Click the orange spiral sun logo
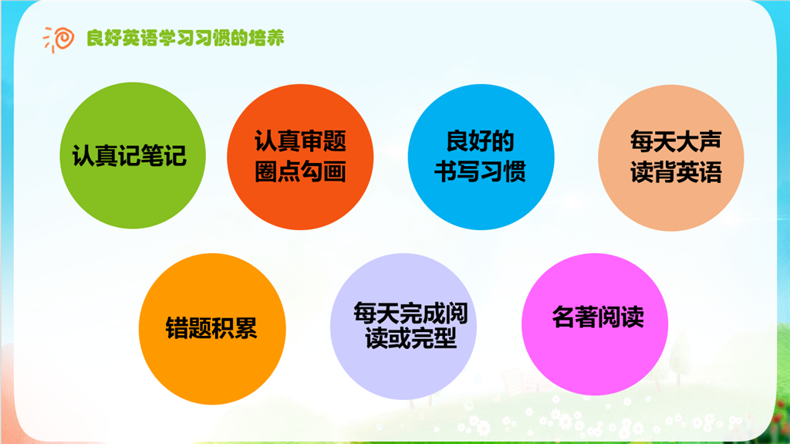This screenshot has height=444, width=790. (x=59, y=39)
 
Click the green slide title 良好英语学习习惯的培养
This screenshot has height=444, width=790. (x=185, y=38)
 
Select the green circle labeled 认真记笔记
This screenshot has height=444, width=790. (x=133, y=155)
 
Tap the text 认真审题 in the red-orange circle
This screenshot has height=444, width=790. (x=300, y=141)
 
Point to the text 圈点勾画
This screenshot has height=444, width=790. (x=300, y=171)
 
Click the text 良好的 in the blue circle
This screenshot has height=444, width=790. (x=480, y=141)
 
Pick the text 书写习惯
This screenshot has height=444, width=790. (x=480, y=171)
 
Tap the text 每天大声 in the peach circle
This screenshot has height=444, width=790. (x=676, y=141)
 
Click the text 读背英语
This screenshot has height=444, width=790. (x=676, y=172)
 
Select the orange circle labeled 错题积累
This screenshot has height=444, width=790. (x=212, y=329)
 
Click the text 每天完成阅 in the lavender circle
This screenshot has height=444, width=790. (x=410, y=313)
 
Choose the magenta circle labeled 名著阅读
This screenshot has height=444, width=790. (x=595, y=324)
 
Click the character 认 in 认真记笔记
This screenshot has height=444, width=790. (x=83, y=155)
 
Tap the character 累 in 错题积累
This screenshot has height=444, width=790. (x=246, y=328)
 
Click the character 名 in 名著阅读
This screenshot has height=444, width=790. (x=563, y=317)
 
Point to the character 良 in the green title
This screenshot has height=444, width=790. (x=95, y=38)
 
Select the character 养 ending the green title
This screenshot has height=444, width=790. (x=275, y=38)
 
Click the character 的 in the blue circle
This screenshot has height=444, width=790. (x=503, y=141)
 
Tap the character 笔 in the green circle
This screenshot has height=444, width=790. (x=152, y=155)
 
